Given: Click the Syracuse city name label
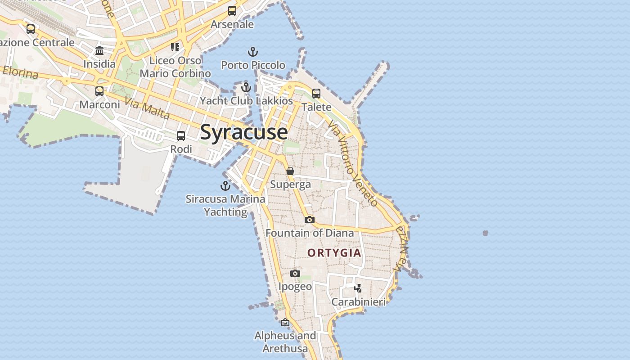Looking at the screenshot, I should (244, 132).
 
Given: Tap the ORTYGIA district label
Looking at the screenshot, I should (334, 253).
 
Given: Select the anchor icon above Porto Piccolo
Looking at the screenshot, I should (253, 52).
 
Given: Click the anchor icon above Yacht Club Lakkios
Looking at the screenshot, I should (246, 87).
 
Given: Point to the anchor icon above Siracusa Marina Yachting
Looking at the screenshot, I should (225, 185).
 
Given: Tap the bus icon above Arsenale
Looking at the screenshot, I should (232, 11).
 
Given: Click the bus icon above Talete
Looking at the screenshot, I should (316, 94).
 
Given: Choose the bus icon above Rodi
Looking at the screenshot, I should (181, 135).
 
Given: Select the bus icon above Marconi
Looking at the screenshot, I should (99, 91).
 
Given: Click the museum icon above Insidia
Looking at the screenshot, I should (99, 50).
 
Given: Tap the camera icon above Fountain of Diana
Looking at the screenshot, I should (310, 220).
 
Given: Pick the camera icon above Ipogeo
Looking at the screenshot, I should (295, 273).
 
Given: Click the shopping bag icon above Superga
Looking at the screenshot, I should (290, 171).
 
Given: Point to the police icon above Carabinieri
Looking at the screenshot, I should (358, 288).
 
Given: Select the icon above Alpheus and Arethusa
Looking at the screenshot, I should (285, 322).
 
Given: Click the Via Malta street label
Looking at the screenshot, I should (148, 108).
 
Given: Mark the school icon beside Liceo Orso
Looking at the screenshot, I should (175, 47).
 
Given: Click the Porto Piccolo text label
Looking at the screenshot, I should (253, 65).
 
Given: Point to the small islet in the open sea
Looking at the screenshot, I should (485, 233).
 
